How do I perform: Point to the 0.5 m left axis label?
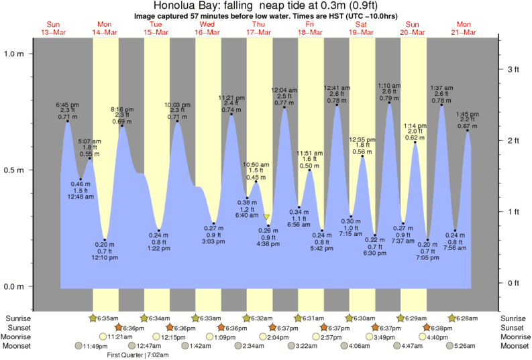15,170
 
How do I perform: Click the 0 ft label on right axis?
513,283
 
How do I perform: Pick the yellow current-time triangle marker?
266,217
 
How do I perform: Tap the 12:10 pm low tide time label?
105,258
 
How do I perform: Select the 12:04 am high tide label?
284,90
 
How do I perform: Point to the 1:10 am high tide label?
389,86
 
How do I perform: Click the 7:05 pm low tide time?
427,258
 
